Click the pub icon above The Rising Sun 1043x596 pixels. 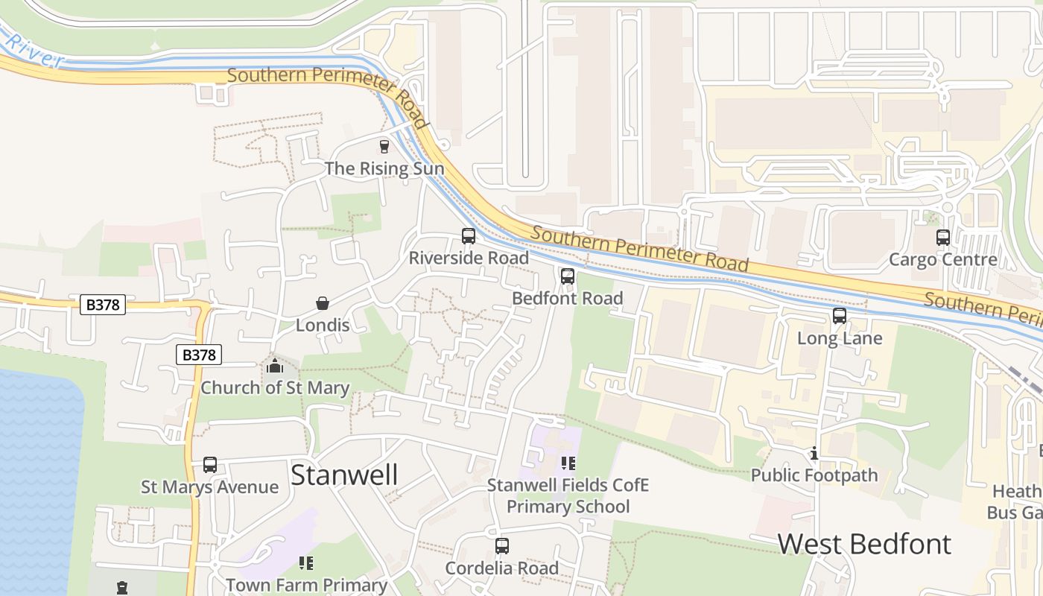coord(384,146)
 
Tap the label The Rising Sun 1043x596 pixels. coord(384,168)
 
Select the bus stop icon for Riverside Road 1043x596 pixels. coord(469,236)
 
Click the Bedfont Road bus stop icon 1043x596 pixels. coord(568,276)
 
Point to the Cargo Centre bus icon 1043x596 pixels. coord(943,238)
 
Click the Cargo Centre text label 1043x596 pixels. coord(943,260)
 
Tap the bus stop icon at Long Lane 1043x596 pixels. coord(840,316)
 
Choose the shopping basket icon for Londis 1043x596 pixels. coord(323,303)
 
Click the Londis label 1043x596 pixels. coord(323,326)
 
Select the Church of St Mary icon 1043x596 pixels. coord(275,366)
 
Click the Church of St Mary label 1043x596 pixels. coord(275,388)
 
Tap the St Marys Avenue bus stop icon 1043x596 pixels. coord(210,465)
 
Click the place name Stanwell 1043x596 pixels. coord(344,475)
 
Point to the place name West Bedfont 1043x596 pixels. coord(864,544)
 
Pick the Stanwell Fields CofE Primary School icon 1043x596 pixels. coord(568,463)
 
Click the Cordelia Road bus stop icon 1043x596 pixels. coord(502,546)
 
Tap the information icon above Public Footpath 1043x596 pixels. coord(814,453)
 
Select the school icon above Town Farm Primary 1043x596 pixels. coord(306,563)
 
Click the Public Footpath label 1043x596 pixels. coord(814,475)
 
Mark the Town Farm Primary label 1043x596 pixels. coord(306,586)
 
